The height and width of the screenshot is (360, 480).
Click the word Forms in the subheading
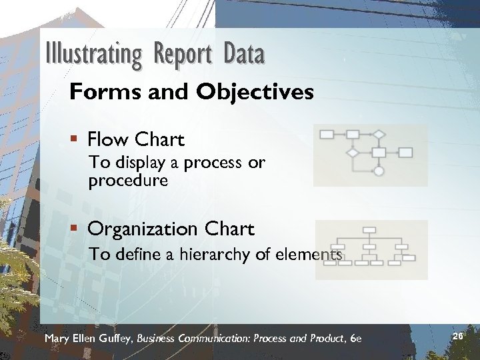pyautogui.click(x=97, y=92)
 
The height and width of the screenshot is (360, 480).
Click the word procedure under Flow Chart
pyautogui.click(x=128, y=181)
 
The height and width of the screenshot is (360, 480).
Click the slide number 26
pyautogui.click(x=457, y=337)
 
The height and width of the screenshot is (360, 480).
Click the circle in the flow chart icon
pyautogui.click(x=379, y=171)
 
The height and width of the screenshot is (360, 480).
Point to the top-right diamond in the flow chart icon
pyautogui.click(x=379, y=134)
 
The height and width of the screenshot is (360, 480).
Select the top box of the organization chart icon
pyautogui.click(x=369, y=230)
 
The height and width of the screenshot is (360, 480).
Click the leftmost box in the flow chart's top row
pyautogui.click(x=327, y=134)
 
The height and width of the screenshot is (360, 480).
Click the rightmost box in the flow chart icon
pyautogui.click(x=405, y=153)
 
